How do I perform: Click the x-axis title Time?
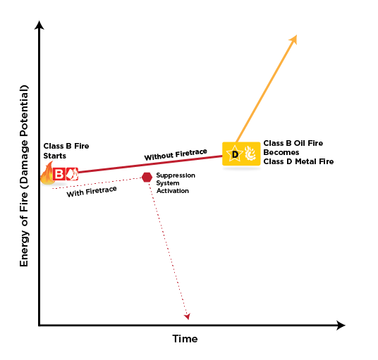185,339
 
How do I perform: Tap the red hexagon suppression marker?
147,178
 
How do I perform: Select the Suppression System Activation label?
176,183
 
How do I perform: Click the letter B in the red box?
59,173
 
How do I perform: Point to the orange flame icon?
47,173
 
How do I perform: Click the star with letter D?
235,154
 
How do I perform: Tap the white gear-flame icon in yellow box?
250,154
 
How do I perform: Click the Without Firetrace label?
176,154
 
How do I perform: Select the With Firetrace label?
92,192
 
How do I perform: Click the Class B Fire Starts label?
66,151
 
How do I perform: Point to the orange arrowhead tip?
297,35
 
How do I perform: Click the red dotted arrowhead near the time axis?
188,316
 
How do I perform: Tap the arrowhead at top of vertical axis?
39,21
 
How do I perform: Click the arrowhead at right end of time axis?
345,325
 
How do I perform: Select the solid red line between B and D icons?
150,164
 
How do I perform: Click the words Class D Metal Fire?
298,161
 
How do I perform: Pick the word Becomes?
281,152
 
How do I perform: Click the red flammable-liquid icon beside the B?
72,173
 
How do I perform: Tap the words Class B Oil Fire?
293,143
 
